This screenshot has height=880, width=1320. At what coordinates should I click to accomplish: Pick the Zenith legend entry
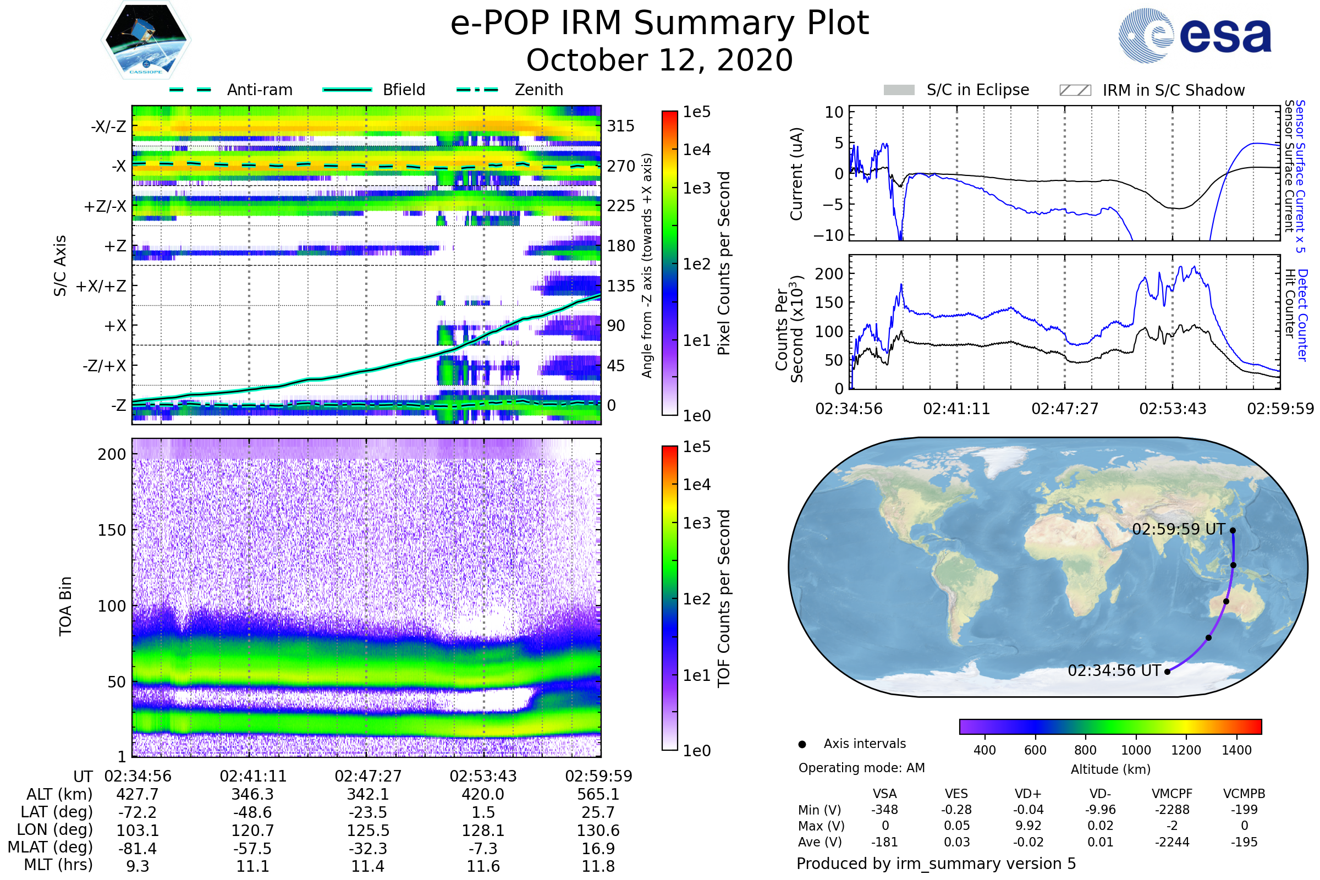pyautogui.click(x=538, y=90)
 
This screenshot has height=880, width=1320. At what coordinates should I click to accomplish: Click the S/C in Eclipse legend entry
pyautogui.click(x=977, y=90)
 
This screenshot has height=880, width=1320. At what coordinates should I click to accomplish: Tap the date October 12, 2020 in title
pyautogui.click(x=659, y=60)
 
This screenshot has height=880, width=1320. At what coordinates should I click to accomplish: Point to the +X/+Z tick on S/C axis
pyautogui.click(x=101, y=286)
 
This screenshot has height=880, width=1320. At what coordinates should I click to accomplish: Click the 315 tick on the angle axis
pyautogui.click(x=621, y=126)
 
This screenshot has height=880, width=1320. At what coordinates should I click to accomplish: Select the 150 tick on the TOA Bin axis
pyautogui.click(x=112, y=530)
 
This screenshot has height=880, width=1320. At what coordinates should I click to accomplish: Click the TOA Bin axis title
pyautogui.click(x=65, y=606)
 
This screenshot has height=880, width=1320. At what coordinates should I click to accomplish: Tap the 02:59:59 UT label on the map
pyautogui.click(x=1178, y=529)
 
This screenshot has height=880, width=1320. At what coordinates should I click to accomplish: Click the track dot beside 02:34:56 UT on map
pyautogui.click(x=1167, y=672)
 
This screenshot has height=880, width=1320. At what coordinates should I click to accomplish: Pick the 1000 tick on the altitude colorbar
pyautogui.click(x=1135, y=750)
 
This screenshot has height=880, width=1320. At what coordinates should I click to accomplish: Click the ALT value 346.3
pyautogui.click(x=252, y=795)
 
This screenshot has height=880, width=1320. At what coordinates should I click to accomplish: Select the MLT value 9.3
pyautogui.click(x=137, y=866)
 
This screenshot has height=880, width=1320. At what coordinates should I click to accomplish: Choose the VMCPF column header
pyautogui.click(x=1172, y=794)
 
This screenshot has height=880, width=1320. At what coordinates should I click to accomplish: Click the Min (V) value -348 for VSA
pyautogui.click(x=884, y=810)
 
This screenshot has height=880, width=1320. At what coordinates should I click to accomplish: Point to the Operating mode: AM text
pyautogui.click(x=861, y=768)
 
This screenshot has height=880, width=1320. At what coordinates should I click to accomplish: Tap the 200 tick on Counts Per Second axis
pyautogui.click(x=829, y=274)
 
